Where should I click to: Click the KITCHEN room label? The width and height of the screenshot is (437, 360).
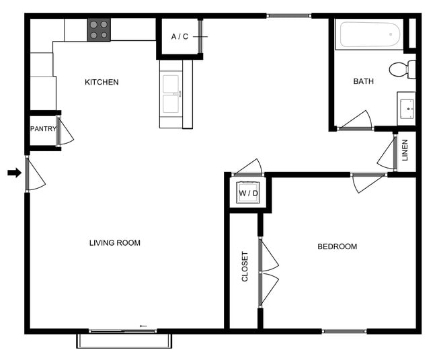102,83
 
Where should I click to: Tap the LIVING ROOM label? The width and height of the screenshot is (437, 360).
115,242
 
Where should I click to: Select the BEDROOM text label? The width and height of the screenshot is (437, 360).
337,246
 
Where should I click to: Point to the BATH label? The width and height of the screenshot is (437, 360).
364,81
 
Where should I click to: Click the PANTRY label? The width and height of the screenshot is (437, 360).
42,129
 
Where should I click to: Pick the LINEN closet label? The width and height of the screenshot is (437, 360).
405,151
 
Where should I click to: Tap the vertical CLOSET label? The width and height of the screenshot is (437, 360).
245,267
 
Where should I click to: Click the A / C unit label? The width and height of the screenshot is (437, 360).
180,36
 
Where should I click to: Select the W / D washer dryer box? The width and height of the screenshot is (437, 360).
248,193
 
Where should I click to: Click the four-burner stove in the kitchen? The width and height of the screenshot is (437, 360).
99,30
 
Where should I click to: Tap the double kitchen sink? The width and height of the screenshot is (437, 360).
171,94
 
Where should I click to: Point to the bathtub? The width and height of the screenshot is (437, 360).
369,35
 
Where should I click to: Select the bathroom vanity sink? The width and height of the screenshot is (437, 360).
407,108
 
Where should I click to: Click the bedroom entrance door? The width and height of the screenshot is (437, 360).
366,182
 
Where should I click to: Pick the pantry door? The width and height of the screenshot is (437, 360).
65,132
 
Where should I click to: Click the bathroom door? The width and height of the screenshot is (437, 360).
357,121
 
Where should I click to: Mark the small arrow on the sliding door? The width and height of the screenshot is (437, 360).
143,326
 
